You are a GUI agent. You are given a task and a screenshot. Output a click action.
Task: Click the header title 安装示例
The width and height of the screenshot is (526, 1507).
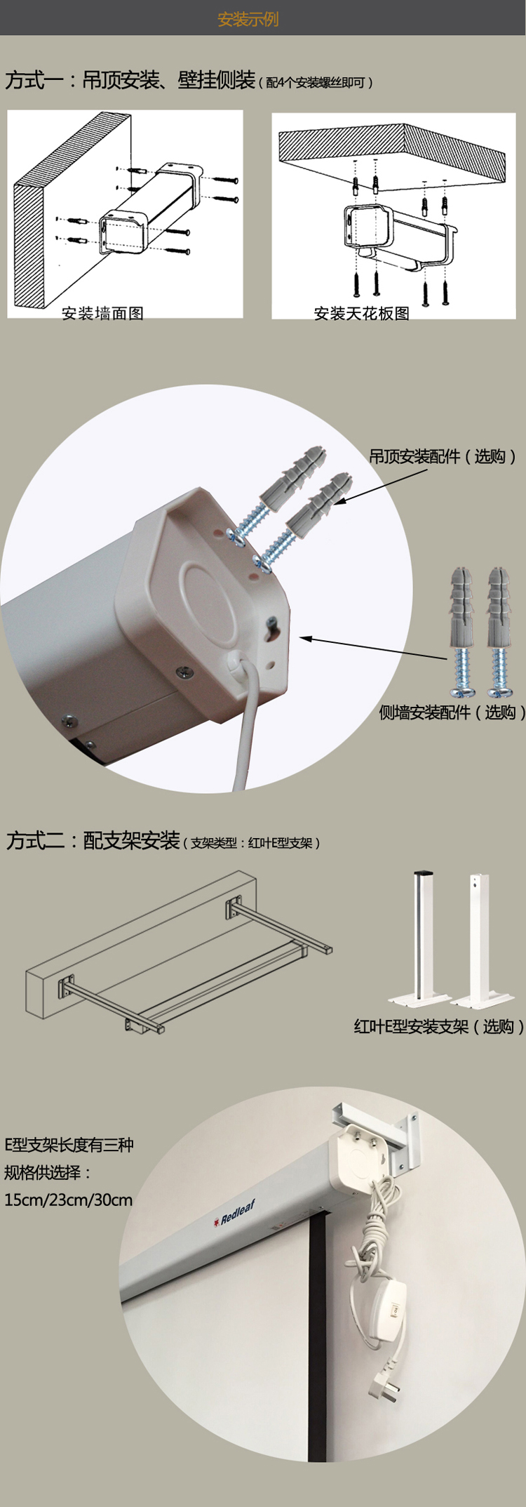(x=248, y=19)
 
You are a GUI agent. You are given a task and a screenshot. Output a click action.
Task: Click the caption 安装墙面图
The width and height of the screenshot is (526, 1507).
(x=102, y=313)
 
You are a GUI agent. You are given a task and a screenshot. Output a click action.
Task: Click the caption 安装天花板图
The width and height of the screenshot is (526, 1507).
(x=361, y=313)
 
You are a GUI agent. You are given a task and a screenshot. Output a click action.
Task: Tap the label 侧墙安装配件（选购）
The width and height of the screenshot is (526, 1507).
(x=452, y=712)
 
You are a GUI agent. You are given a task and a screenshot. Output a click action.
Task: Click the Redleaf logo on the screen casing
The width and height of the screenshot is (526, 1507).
(x=235, y=1214)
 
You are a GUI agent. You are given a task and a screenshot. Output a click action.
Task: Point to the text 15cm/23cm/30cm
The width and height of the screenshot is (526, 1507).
(x=68, y=1200)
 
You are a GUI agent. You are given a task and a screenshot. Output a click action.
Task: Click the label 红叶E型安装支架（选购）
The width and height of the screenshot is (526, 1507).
(x=438, y=1026)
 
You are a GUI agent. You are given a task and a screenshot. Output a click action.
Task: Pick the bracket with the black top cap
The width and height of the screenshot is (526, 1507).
(x=422, y=934)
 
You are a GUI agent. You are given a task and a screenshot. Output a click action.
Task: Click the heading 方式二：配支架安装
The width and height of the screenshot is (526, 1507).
(x=93, y=840)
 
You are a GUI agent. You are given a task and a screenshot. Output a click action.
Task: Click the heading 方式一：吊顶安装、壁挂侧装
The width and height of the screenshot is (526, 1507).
(x=130, y=80)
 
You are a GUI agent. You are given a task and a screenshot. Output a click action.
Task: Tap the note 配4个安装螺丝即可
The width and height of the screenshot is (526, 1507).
(x=319, y=83)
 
